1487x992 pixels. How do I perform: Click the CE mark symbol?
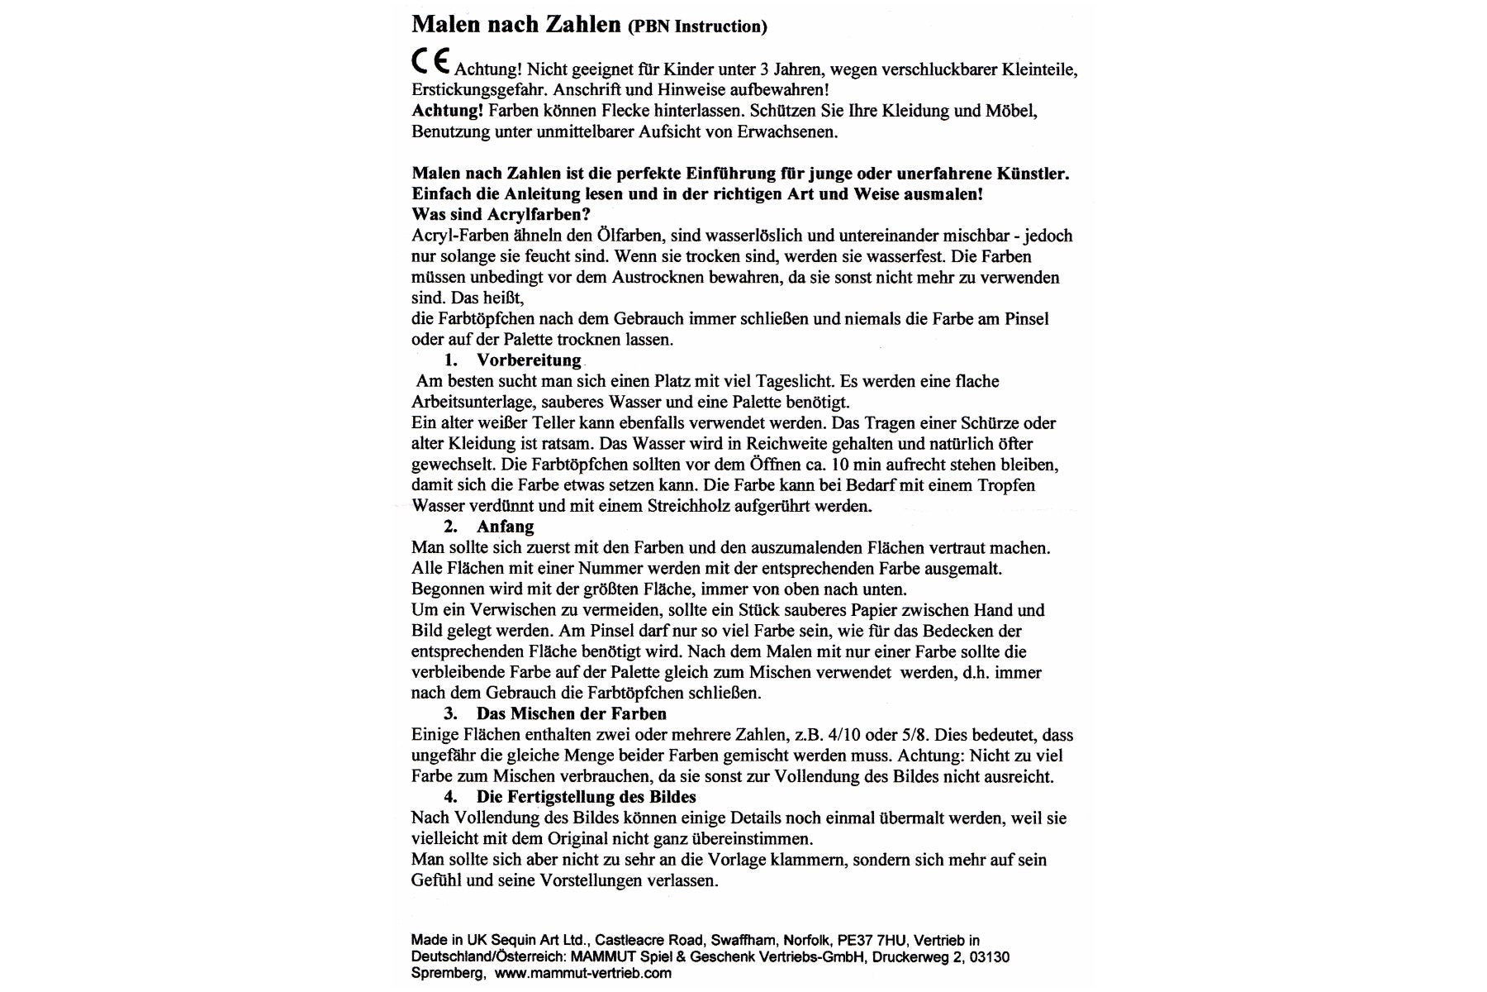click(x=430, y=64)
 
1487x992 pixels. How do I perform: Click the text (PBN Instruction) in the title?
click(x=697, y=26)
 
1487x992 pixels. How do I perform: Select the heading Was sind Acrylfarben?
click(x=501, y=215)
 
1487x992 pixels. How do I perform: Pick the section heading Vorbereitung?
click(x=529, y=360)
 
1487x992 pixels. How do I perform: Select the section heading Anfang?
click(x=505, y=527)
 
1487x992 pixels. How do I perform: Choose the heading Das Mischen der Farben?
click(x=571, y=713)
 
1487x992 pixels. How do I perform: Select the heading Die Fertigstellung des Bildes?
click(x=586, y=797)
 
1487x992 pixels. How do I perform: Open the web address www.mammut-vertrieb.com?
click(x=583, y=974)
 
